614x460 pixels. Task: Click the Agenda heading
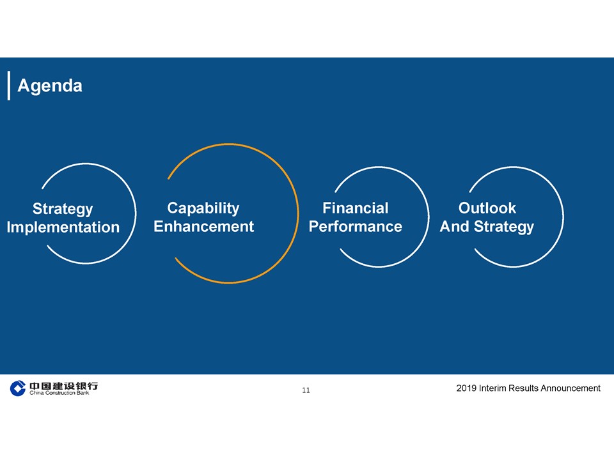(50, 86)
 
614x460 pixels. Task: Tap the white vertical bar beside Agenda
(9, 86)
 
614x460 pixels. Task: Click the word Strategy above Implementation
(63, 210)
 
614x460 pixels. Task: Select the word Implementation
(63, 227)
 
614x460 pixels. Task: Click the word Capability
(203, 208)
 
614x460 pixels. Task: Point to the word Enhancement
(203, 226)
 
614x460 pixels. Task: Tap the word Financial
(355, 208)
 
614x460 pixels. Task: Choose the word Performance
(355, 226)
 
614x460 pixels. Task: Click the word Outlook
(487, 208)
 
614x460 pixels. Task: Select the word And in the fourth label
(454, 226)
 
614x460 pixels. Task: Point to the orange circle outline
(297, 213)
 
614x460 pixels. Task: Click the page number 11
(306, 390)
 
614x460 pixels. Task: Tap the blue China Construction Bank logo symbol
(18, 388)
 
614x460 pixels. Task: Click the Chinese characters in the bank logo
(63, 386)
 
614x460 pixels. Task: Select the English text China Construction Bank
(59, 393)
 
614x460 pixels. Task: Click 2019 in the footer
(466, 388)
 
